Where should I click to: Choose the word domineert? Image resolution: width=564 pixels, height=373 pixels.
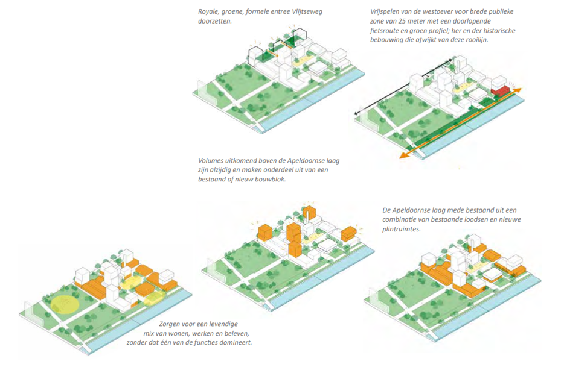233,342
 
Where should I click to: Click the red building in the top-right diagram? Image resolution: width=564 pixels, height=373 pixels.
500,91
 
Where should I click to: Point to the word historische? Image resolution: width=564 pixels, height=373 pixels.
495,31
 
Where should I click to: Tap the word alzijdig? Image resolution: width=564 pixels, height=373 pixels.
220,170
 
